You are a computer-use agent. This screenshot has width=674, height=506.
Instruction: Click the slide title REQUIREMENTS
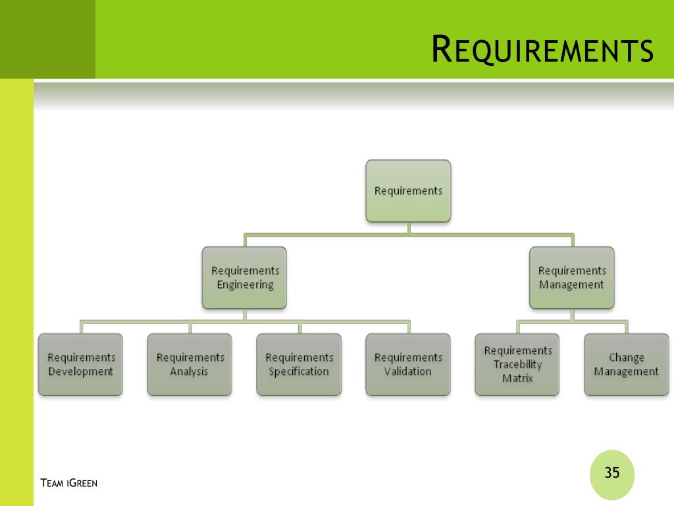(x=542, y=49)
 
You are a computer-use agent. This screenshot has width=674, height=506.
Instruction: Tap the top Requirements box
(x=408, y=191)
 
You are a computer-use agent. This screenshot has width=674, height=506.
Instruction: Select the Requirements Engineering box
(x=245, y=277)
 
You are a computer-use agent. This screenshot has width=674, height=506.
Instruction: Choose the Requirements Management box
(x=572, y=277)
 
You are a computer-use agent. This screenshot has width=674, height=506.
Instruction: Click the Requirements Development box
(x=81, y=364)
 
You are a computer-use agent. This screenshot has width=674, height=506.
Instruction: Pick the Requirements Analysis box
(x=190, y=364)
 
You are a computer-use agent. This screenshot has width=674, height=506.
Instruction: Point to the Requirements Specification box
(x=299, y=364)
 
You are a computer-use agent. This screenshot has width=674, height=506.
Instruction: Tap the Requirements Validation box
(x=408, y=364)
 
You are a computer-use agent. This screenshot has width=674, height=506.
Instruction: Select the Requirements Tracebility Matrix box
(x=517, y=364)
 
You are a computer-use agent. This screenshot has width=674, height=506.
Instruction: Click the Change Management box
(x=627, y=364)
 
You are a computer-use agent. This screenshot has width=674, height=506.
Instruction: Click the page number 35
(x=612, y=472)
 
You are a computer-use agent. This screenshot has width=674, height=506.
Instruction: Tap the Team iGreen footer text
(x=68, y=483)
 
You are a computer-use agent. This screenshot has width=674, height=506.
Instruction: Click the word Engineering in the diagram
(x=245, y=285)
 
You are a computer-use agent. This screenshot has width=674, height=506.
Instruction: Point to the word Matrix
(x=517, y=378)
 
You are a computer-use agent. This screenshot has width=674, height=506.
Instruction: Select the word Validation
(x=408, y=372)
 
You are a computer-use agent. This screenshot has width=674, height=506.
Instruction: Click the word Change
(x=627, y=358)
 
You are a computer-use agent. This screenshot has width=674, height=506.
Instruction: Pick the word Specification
(x=299, y=372)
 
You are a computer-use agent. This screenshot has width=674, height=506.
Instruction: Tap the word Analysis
(x=189, y=372)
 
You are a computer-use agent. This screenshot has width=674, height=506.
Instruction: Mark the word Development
(x=81, y=372)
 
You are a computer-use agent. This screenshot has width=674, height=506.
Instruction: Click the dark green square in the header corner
(x=47, y=39)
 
